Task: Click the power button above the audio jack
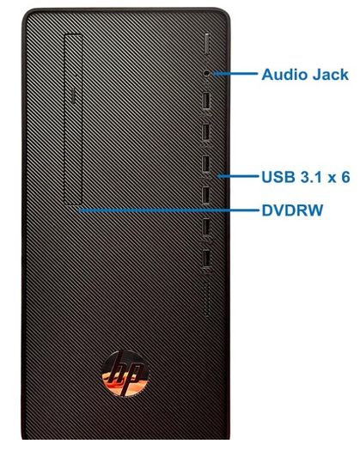point(207,44)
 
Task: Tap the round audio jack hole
point(207,73)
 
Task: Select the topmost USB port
point(206,101)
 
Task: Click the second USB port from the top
point(206,133)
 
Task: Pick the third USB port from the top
point(206,165)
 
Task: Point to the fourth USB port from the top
point(206,196)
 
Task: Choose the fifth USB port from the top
point(206,228)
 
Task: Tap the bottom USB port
point(206,259)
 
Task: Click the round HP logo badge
point(125,374)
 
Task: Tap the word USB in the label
point(278,177)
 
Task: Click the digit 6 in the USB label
point(345,177)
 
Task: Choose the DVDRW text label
point(292,210)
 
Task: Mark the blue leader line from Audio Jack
point(235,74)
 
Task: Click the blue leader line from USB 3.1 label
point(238,176)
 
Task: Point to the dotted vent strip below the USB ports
point(206,300)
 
